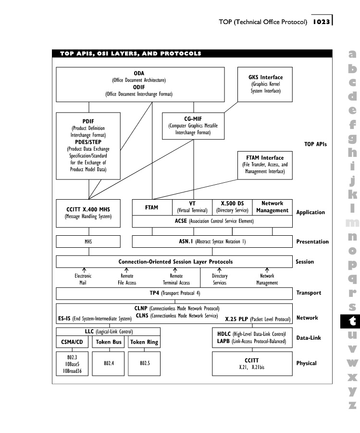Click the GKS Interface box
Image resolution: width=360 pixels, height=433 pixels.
click(x=265, y=84)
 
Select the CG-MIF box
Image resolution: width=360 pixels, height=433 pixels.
click(x=193, y=126)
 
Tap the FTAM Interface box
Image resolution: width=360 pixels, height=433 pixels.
click(x=265, y=165)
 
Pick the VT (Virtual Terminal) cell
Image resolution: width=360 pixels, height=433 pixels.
click(x=192, y=207)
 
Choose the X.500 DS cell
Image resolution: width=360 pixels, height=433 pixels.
click(x=232, y=207)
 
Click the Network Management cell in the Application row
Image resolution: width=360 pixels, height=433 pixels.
click(x=273, y=207)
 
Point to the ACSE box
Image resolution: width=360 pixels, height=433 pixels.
click(x=212, y=221)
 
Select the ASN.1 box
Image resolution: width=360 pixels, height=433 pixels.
click(x=212, y=241)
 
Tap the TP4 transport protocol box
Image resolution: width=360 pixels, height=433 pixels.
click(x=174, y=293)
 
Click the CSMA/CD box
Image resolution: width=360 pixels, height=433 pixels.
click(x=72, y=343)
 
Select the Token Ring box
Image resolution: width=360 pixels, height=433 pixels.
click(x=145, y=343)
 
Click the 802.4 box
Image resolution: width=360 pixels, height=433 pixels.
click(x=109, y=363)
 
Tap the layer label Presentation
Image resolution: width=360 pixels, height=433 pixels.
click(x=312, y=242)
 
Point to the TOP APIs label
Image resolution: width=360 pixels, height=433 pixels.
click(x=315, y=144)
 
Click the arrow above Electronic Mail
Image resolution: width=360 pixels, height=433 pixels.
click(x=83, y=270)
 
